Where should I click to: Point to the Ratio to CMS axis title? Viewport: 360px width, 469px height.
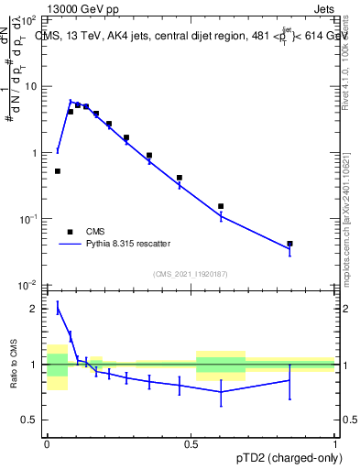[x=14, y=365]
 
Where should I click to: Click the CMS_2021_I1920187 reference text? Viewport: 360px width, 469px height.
[x=190, y=274]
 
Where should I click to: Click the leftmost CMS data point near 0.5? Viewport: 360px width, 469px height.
[x=58, y=171]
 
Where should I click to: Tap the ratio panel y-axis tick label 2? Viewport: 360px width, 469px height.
[x=35, y=309]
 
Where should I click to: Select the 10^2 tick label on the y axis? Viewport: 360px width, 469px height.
[x=30, y=20]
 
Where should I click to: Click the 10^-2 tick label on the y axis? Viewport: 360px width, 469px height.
[x=29, y=286]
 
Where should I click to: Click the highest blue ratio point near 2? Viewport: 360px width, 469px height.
[x=58, y=309]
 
